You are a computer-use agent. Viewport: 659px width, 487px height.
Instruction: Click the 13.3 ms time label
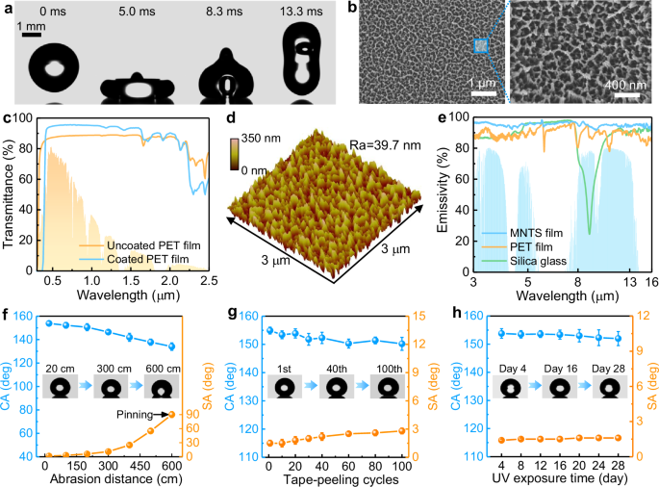(301, 10)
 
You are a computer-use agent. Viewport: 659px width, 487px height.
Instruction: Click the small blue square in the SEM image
(481, 46)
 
